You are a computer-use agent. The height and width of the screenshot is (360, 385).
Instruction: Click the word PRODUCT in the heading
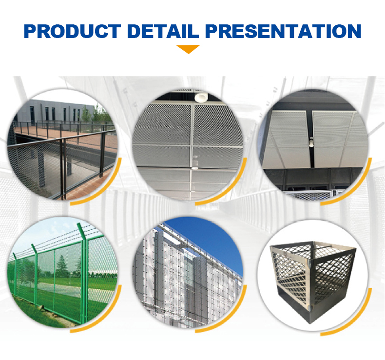(73, 31)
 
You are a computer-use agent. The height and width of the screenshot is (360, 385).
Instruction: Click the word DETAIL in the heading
(163, 31)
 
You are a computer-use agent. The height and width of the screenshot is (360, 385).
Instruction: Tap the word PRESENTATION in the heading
(283, 31)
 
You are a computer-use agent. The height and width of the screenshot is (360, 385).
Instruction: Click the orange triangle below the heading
(188, 49)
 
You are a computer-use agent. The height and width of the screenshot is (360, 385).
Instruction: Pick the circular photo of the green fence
(62, 272)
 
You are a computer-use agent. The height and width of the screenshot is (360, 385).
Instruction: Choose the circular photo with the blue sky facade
(188, 272)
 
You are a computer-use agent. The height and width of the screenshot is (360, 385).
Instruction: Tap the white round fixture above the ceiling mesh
(201, 97)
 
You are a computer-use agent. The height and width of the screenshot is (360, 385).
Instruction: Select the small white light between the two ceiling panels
(311, 142)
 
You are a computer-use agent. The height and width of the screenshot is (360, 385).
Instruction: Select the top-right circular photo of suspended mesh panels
(313, 145)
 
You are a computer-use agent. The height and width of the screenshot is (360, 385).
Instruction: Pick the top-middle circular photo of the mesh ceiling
(188, 145)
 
